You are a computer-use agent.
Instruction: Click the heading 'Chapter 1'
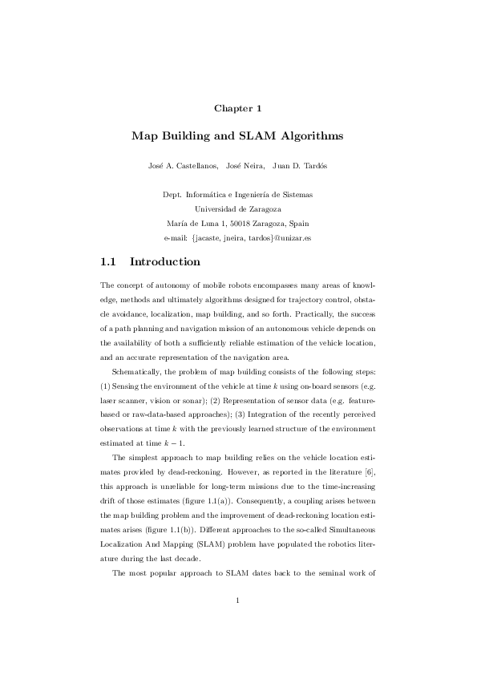click(238, 107)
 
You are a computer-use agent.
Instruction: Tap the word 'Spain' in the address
click(301, 224)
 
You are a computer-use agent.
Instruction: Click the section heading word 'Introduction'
click(164, 262)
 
